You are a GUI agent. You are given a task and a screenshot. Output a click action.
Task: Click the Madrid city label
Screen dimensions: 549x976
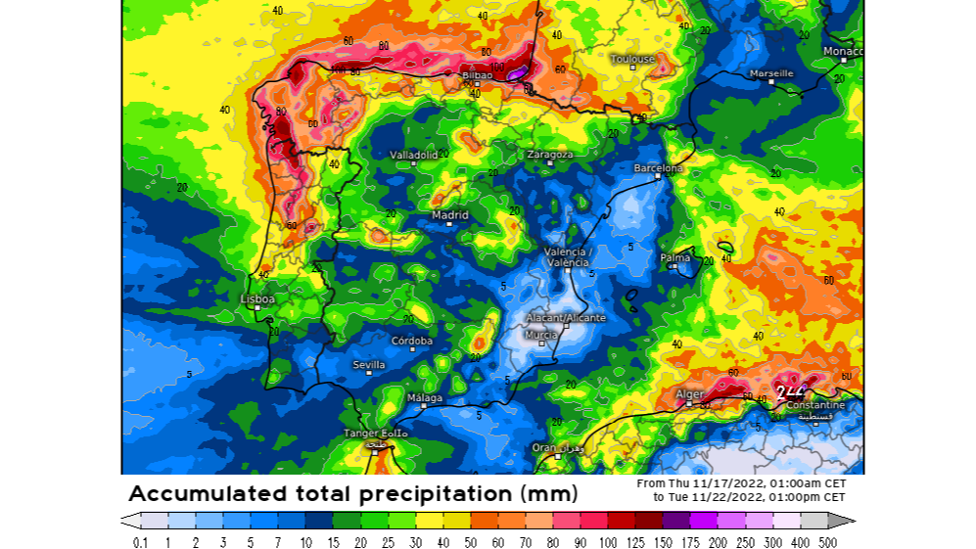coord(450,215)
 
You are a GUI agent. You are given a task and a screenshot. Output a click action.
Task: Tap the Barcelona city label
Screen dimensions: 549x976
coord(658,168)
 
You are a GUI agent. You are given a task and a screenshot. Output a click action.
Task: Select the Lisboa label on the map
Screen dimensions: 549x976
coord(257,298)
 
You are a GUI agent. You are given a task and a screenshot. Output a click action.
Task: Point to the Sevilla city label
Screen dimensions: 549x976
coord(369,365)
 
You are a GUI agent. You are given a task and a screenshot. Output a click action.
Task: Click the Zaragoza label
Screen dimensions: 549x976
coord(549,155)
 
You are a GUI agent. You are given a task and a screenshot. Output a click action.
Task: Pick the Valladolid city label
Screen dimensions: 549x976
coord(414,155)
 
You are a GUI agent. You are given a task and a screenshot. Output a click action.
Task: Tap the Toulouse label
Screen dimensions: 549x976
coord(632,59)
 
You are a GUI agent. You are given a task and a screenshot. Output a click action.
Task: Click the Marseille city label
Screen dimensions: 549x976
coord(771,73)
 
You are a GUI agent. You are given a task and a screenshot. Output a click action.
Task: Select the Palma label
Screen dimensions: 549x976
coord(675,259)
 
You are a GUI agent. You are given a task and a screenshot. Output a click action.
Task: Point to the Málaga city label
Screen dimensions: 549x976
coord(425,398)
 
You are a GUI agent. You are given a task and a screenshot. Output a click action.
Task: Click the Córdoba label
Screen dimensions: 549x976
coord(411,341)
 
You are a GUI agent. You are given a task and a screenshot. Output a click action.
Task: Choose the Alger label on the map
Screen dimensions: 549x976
coord(689,394)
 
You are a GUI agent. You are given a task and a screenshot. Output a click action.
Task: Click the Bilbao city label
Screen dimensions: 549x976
coord(477,74)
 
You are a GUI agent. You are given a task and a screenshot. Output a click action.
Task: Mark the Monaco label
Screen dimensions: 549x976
coord(842,51)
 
